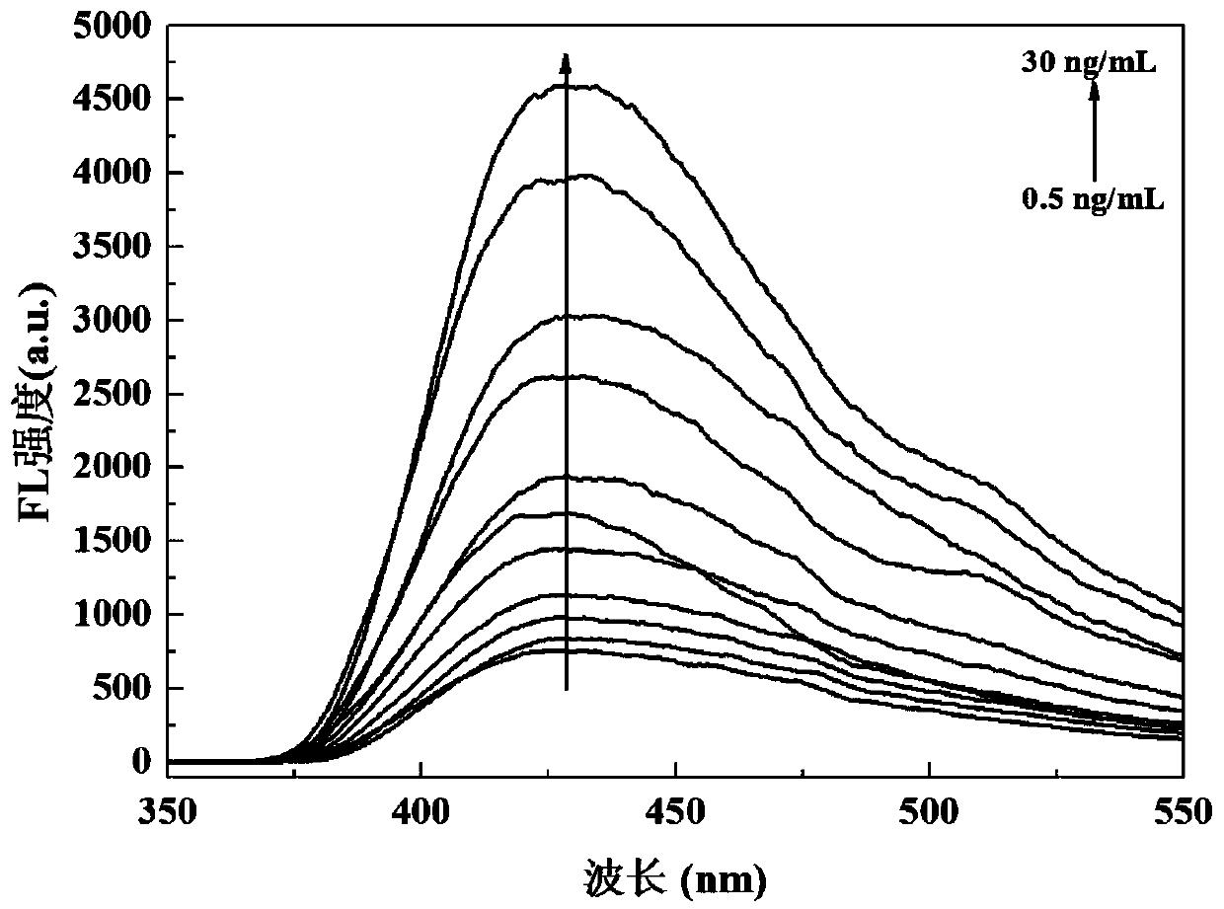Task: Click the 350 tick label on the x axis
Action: tap(168, 812)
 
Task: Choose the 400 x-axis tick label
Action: tap(421, 812)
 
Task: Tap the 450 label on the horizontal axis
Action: tap(675, 812)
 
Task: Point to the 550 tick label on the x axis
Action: tap(1182, 812)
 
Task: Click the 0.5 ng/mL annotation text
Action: tap(1093, 200)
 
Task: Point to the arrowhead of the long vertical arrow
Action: tap(566, 61)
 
